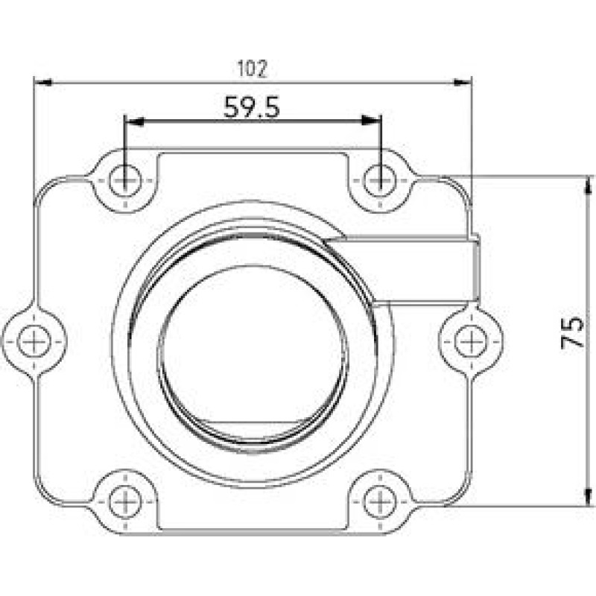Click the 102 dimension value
tap(252, 69)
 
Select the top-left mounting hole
tap(124, 180)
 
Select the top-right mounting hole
tap(380, 180)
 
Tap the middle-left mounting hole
tap(34, 341)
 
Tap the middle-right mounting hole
tap(469, 341)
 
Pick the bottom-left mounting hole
tap(124, 501)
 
